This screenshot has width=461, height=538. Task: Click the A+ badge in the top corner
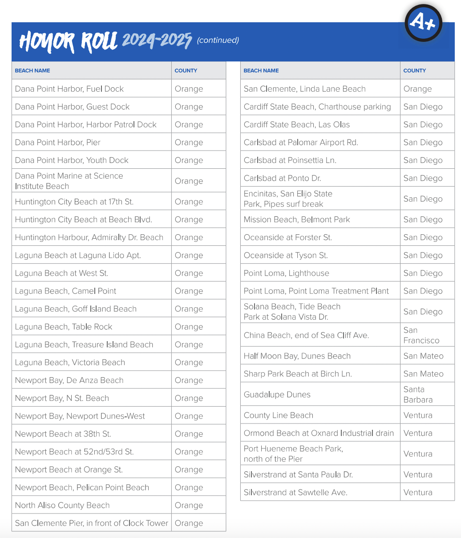coord(423,22)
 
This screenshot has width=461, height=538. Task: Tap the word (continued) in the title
coord(218,41)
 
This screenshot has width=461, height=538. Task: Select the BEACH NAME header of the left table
coord(32,70)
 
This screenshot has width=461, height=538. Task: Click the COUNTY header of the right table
coord(414,70)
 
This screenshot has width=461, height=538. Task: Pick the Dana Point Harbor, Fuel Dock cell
coord(69,89)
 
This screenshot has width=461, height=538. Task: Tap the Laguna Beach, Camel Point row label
coord(65,291)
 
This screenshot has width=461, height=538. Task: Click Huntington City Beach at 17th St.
coord(74,202)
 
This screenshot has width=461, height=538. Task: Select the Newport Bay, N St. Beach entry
coord(62,398)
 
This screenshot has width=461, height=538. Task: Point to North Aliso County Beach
coord(62,505)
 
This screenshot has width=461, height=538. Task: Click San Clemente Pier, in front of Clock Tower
coord(92,523)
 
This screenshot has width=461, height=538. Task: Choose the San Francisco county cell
coord(421,335)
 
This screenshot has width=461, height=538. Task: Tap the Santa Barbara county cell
coord(418,395)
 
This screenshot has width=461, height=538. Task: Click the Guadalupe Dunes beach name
coord(277,395)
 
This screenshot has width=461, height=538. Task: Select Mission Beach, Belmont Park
coord(297,220)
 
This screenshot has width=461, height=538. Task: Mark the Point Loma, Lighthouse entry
coord(287,273)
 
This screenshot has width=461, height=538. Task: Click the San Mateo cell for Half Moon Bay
coord(423,356)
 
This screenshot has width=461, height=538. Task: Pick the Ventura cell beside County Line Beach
coord(418,415)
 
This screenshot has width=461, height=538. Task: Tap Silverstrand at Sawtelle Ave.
coord(295,492)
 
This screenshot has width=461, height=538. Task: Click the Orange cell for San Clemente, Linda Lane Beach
coord(417,89)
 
